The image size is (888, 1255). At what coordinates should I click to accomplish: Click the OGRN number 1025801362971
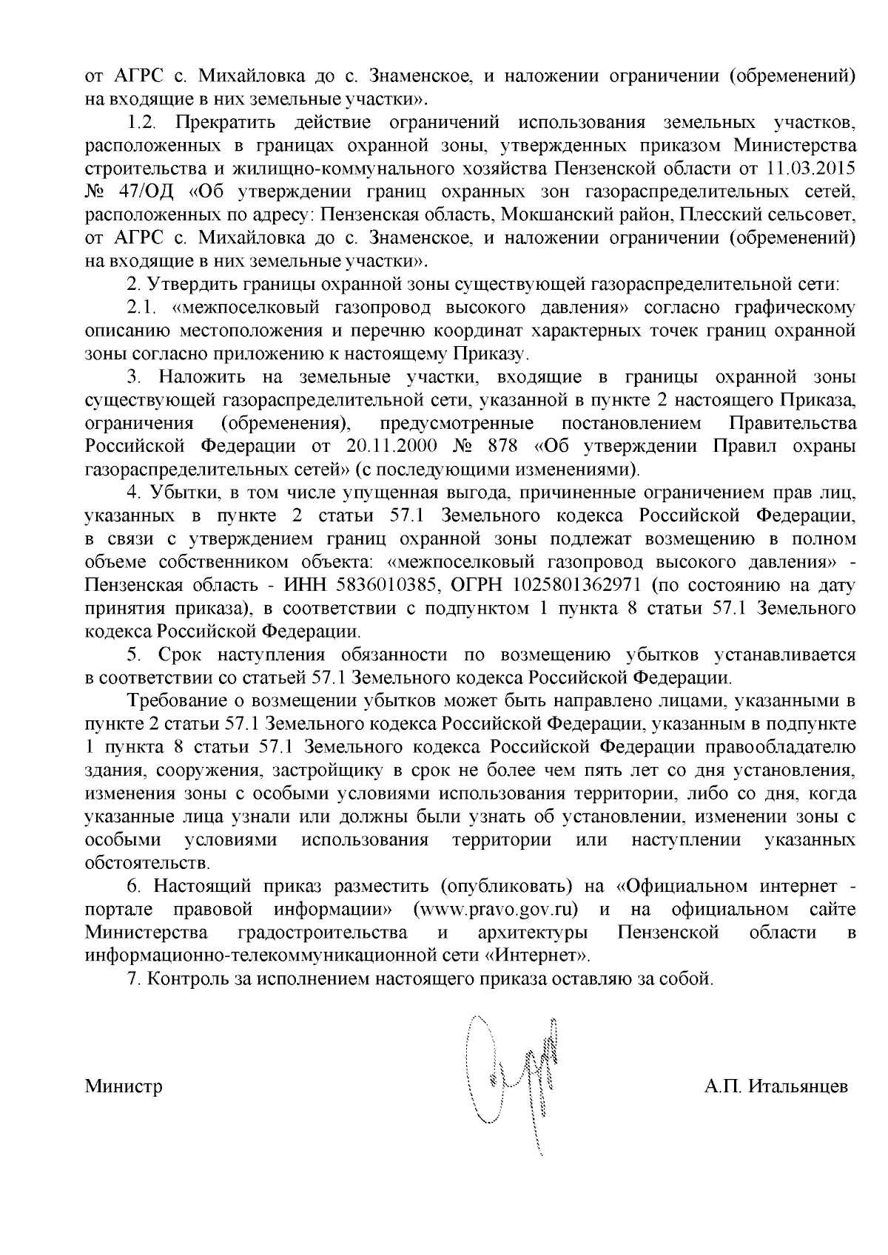[x=567, y=586]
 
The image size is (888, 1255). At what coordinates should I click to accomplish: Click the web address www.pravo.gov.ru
[x=496, y=909]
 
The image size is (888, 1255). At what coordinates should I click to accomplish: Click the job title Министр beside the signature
[x=124, y=1087]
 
